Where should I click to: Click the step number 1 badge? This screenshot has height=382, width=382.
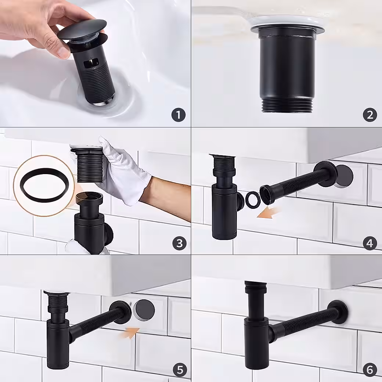[x=179, y=115]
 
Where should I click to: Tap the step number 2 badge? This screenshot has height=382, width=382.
[x=370, y=115]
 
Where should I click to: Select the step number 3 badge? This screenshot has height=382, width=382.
[x=179, y=243]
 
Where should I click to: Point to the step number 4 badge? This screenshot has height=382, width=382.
[x=370, y=243]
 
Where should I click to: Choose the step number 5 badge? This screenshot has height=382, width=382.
[x=180, y=371]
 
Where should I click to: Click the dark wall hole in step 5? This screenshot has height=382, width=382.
[x=145, y=310]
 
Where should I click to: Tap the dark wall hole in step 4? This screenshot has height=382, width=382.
[x=344, y=176]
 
